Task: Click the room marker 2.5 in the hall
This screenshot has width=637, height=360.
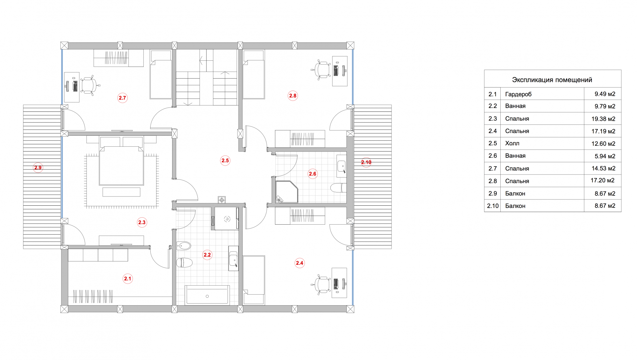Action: pos(225,161)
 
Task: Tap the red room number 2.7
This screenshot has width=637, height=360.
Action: pos(122,98)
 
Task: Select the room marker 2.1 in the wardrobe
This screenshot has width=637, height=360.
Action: pos(128,279)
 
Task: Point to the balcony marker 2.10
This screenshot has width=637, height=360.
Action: pos(366,162)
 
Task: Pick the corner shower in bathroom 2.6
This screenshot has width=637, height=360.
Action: pos(286,192)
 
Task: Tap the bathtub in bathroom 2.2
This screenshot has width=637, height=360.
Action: pos(207,295)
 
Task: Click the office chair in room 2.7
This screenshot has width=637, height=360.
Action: pos(88,86)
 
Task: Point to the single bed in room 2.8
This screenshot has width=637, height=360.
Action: pos(254,74)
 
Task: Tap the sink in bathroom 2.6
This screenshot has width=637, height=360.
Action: pos(341,166)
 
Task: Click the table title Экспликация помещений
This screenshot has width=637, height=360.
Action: pos(552,80)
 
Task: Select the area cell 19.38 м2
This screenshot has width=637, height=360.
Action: pos(603,119)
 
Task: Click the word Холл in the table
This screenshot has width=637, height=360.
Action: pos(512,143)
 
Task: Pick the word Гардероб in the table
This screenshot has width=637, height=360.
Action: pos(518,94)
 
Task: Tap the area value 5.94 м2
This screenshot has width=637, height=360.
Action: pos(605,156)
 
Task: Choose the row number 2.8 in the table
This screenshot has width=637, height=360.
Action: pos(493,181)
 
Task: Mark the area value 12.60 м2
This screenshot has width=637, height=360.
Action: pos(603,144)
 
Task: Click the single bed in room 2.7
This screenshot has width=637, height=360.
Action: pos(161,74)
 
